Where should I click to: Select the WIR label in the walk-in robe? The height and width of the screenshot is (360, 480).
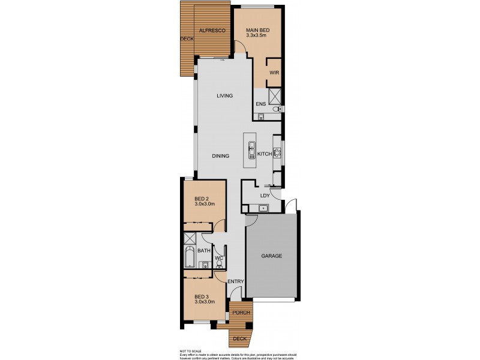pyautogui.click(x=274, y=73)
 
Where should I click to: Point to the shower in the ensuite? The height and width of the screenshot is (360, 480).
pyautogui.click(x=275, y=96)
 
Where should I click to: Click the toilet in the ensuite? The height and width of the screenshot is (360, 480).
pyautogui.click(x=277, y=110)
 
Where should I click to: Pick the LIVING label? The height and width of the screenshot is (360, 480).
pyautogui.click(x=224, y=96)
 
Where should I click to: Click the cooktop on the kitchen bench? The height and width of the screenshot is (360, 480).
pyautogui.click(x=277, y=154)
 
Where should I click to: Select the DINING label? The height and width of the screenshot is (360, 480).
pyautogui.click(x=220, y=156)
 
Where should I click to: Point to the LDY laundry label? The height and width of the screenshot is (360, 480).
pyautogui.click(x=264, y=196)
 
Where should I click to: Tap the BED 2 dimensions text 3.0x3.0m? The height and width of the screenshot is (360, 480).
pyautogui.click(x=205, y=205)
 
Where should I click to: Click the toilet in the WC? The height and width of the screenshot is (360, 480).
pyautogui.click(x=220, y=265)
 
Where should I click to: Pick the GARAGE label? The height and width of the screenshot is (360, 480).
pyautogui.click(x=271, y=256)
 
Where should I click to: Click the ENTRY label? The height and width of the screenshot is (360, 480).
pyautogui.click(x=235, y=281)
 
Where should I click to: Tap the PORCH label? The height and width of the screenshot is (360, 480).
pyautogui.click(x=240, y=312)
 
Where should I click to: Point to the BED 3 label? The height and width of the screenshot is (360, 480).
pyautogui.click(x=202, y=296)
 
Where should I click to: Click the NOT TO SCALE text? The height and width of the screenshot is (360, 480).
pyautogui.click(x=190, y=350)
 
